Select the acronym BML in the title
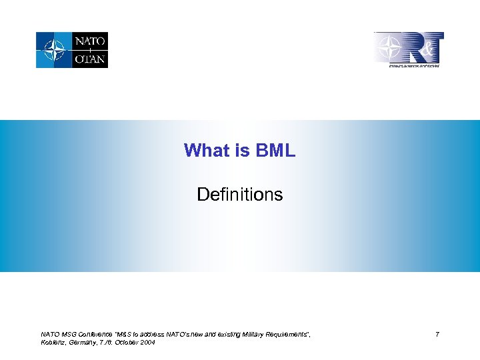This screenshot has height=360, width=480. [274, 151]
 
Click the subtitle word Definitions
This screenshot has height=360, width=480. [240, 195]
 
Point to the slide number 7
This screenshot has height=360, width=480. [437, 334]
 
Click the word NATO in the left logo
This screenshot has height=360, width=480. [89, 41]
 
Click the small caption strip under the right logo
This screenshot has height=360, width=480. [414, 65]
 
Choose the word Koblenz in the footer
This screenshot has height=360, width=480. [53, 342]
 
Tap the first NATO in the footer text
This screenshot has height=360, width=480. [49, 333]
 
